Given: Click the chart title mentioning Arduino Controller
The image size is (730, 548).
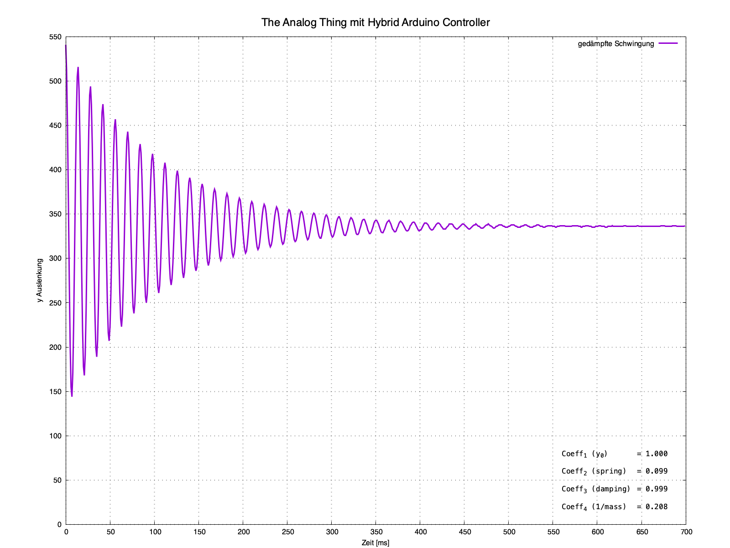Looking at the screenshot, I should [x=375, y=22].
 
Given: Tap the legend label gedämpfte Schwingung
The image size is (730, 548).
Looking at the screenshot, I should [x=615, y=44].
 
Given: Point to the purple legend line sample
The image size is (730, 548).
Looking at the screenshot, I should [x=668, y=43].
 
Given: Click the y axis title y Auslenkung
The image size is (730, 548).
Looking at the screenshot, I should [x=40, y=280].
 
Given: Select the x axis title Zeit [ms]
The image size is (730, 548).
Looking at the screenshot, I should [x=375, y=543].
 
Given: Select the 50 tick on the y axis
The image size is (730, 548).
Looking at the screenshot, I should [x=57, y=480].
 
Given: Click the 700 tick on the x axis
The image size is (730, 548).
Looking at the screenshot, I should [x=686, y=532].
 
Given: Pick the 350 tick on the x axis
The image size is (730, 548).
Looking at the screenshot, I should [x=376, y=532].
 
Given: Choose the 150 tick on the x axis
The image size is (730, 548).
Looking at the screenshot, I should [x=199, y=532].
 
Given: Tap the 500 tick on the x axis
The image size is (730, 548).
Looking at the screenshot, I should [x=509, y=532].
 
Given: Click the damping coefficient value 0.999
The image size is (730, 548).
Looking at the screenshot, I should [x=657, y=489].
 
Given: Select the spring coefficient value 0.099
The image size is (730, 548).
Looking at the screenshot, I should [x=657, y=471].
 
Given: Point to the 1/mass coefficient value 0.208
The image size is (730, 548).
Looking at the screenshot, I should [x=657, y=507].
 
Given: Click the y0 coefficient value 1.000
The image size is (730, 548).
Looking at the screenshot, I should [x=657, y=454].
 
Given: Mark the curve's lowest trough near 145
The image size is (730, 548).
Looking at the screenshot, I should [x=72, y=395].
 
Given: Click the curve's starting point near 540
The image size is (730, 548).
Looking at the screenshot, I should [x=66, y=46].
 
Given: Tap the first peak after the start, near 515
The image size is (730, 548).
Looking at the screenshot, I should [x=78, y=68].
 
